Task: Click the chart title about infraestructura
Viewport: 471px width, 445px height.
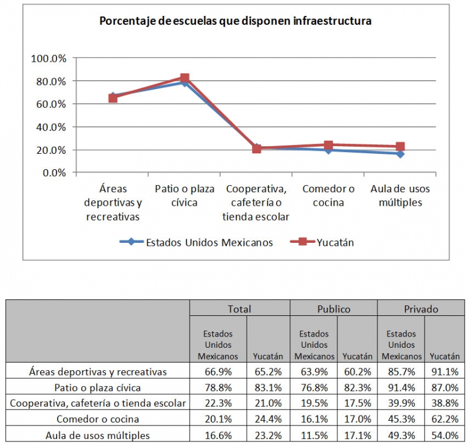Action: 235,21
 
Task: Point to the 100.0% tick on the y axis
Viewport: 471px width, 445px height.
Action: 48,58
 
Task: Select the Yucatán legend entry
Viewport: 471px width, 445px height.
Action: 322,242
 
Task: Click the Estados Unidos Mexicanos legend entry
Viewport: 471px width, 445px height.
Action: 196,242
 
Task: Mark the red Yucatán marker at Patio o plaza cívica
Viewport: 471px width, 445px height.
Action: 184,78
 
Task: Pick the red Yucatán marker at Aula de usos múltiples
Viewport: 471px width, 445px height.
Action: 400,146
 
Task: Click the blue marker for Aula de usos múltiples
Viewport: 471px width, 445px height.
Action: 400,154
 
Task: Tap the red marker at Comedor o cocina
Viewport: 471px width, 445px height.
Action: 329,145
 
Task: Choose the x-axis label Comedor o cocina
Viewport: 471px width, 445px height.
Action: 329,196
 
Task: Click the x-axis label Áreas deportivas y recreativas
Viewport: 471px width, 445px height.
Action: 112,203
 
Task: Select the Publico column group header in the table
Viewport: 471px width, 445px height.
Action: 333,309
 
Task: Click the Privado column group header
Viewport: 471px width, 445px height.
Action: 421,309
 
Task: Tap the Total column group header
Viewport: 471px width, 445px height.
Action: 239,309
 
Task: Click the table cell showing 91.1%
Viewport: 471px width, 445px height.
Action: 445,372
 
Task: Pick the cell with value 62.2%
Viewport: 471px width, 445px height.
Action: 445,420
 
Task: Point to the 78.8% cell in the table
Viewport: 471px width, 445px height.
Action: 218,388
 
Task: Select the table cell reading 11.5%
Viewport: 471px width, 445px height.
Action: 314,436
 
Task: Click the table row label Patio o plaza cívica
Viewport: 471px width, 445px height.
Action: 98,388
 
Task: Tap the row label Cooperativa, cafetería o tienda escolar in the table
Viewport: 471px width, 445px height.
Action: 98,404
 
